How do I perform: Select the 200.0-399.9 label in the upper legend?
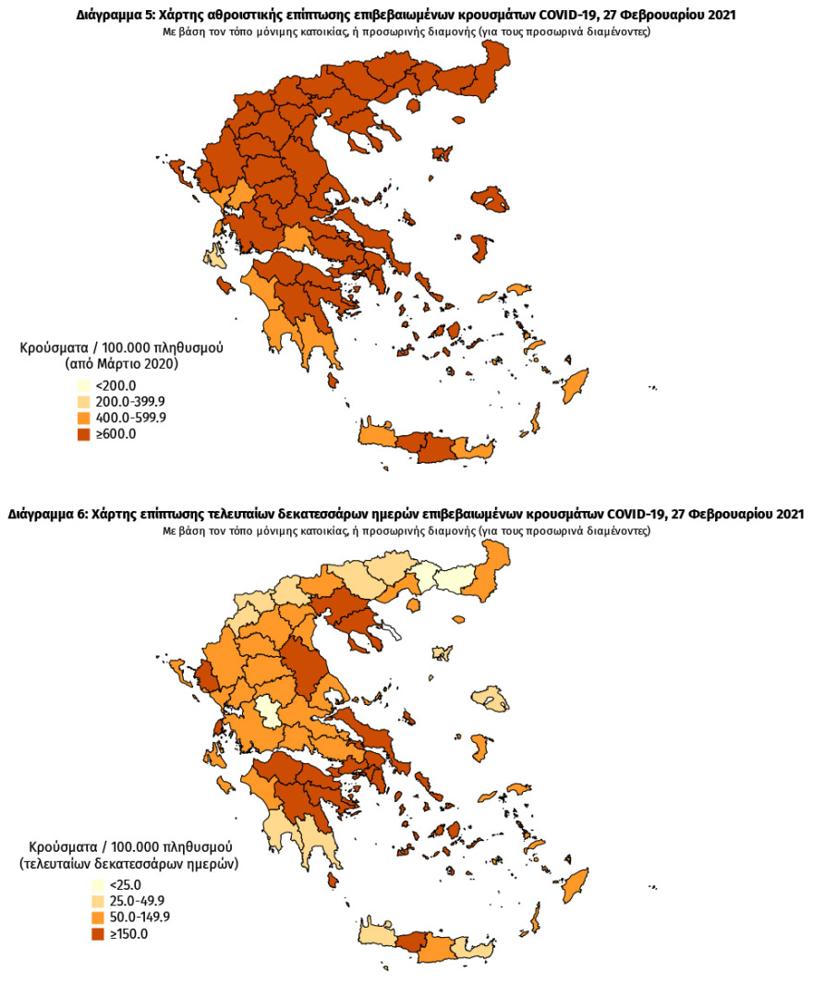click(x=130, y=402)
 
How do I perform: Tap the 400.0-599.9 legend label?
click(x=130, y=418)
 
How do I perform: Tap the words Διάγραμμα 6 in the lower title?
click(x=46, y=514)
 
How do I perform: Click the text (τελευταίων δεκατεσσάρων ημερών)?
click(x=128, y=863)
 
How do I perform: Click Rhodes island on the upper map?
click(x=575, y=383)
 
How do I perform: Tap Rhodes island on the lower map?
click(x=575, y=882)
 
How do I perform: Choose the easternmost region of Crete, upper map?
click(x=475, y=450)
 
